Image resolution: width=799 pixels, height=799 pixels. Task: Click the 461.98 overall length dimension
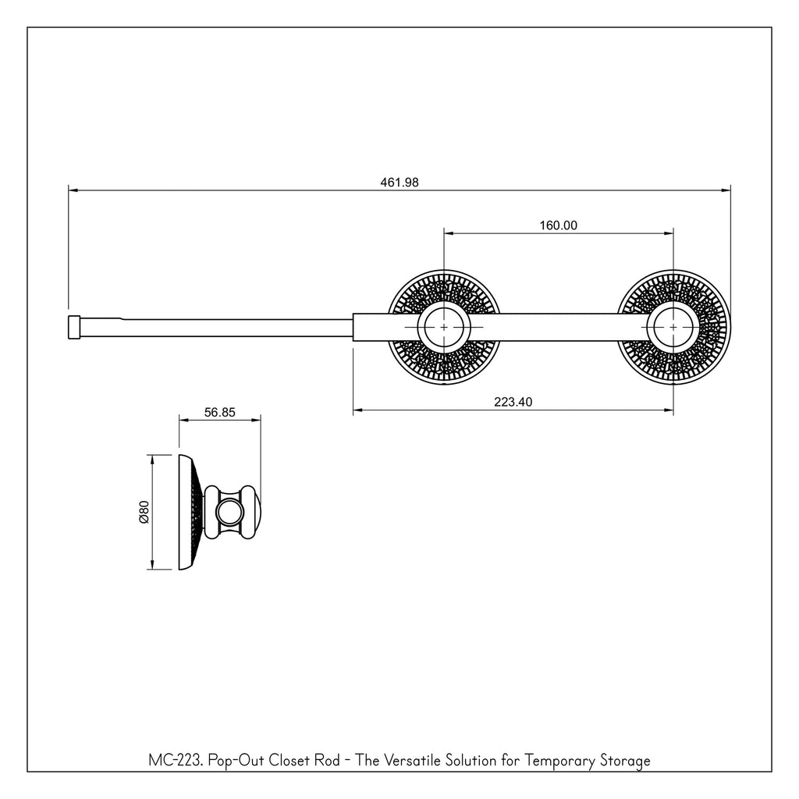[x=399, y=182]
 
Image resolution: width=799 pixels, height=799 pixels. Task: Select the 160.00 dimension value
[x=559, y=225]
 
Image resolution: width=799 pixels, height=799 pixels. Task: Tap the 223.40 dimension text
[x=513, y=402]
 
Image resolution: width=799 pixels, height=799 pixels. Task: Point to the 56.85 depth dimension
[x=219, y=412]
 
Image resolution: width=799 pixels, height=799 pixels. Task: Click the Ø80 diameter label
[x=144, y=512]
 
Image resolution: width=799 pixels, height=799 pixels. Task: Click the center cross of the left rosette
[x=444, y=327]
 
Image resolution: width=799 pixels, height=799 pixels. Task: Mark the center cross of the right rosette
[x=673, y=327]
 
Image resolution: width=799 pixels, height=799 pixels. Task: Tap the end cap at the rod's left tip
[x=74, y=327]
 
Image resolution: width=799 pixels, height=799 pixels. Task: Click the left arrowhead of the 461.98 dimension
[x=73, y=190]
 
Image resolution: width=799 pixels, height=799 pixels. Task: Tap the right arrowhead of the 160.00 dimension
[x=669, y=233]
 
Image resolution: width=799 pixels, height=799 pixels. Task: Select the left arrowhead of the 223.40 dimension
[x=357, y=409]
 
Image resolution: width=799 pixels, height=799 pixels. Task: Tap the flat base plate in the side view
[x=186, y=512]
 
